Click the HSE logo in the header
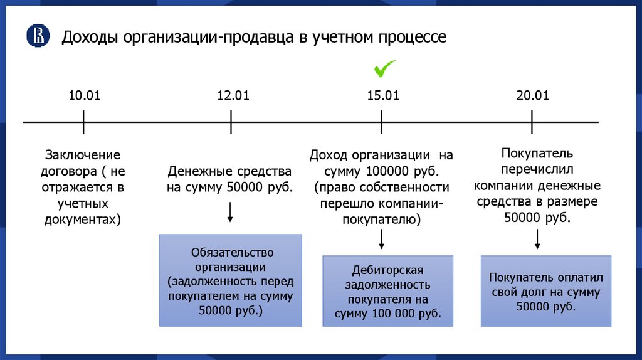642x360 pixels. click(38, 36)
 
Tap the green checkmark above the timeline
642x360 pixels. click(383, 67)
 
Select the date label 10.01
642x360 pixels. click(84, 95)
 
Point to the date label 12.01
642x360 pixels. click(233, 95)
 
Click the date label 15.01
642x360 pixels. click(382, 95)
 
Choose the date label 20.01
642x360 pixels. click(532, 95)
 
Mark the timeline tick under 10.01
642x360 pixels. click(83, 122)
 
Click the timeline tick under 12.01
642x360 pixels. click(231, 122)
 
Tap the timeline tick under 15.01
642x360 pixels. click(381, 122)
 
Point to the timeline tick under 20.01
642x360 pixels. click(532, 122)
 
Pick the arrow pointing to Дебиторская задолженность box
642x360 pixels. click(381, 239)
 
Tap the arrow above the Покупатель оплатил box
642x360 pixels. click(537, 240)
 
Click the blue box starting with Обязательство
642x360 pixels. click(230, 280)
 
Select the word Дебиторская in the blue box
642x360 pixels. click(387, 270)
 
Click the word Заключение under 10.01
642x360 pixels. click(82, 154)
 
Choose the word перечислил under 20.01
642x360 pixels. click(537, 169)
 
